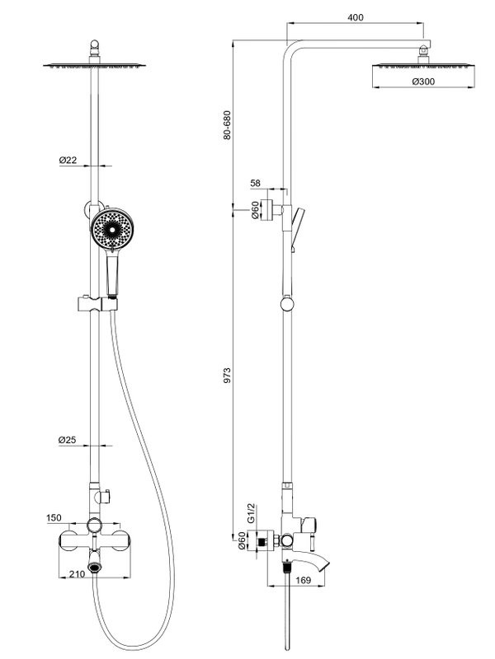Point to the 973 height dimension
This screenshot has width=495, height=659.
pyautogui.click(x=229, y=376)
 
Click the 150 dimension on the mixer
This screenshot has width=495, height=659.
pyautogui.click(x=54, y=518)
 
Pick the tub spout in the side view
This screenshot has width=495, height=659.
pyautogui.click(x=318, y=566)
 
